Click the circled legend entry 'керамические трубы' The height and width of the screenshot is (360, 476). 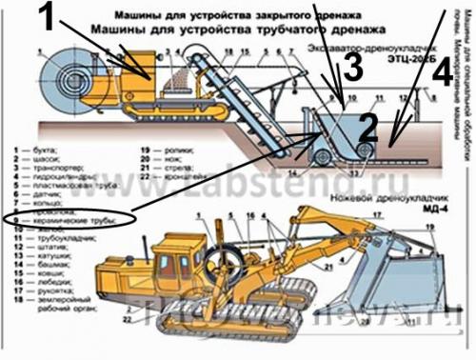click(x=72, y=220)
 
